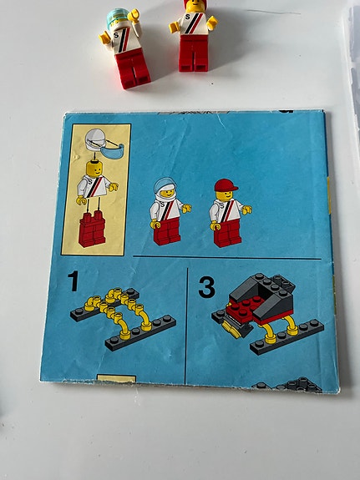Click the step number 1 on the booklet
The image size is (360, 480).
[x=74, y=280]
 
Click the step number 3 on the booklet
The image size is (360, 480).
[x=207, y=287]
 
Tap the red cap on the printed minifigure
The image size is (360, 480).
[x=226, y=185]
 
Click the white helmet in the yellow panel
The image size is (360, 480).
[x=95, y=139]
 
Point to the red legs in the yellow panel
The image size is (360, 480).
[x=92, y=229]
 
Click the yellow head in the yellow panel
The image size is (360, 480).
[x=94, y=168]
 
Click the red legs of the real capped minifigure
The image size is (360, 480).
[x=194, y=53]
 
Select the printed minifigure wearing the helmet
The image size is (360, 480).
[x=169, y=211]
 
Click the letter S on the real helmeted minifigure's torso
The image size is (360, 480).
[x=116, y=35]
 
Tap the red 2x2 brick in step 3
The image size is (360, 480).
[x=245, y=306]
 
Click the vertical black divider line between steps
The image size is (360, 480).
[x=186, y=326]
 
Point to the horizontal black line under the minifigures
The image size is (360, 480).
[x=227, y=257]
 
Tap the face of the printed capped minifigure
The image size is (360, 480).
[x=225, y=195]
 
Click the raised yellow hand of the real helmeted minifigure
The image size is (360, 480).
[x=134, y=15]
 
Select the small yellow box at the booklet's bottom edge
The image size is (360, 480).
[x=116, y=378]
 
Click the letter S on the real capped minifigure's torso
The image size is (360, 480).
[x=187, y=18]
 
